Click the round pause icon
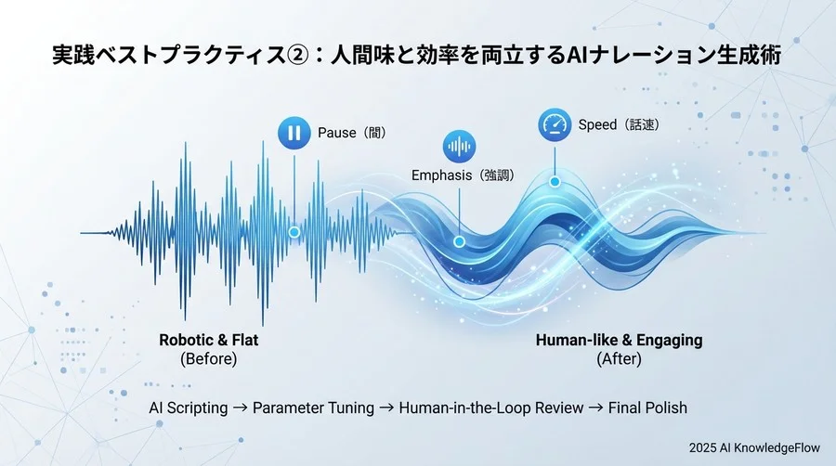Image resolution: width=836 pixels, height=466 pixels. (294, 133)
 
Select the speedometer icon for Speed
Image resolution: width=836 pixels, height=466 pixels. (555, 124)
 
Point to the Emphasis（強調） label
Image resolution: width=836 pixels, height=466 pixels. (463, 175)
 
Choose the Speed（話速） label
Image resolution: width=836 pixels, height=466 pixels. (619, 124)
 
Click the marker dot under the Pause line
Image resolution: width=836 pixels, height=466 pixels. (294, 231)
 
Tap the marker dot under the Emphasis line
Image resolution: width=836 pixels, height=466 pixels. (459, 241)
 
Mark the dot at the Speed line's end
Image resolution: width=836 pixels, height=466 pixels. (555, 181)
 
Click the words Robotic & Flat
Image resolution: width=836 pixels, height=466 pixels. (209, 340)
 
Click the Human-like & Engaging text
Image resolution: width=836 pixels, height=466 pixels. (619, 340)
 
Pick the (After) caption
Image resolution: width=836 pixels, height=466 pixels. (619, 359)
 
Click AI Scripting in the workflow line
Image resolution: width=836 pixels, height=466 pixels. (189, 408)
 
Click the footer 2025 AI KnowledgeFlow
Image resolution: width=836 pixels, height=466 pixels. (755, 447)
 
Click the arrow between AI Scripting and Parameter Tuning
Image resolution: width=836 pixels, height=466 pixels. (241, 408)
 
